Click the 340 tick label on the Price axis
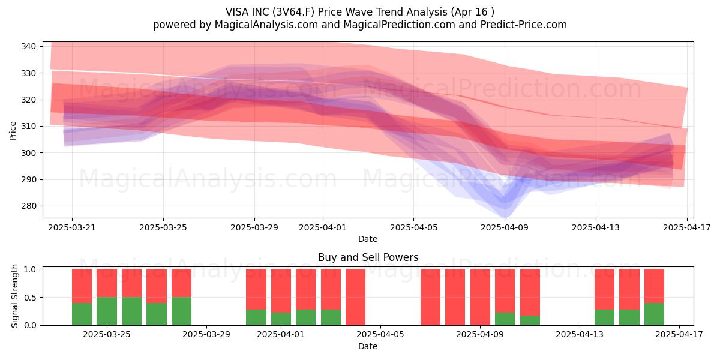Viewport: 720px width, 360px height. click(28, 47)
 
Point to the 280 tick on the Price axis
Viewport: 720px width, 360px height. click(28, 206)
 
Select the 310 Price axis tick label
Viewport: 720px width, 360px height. click(28, 127)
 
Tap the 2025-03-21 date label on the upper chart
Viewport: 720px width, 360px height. click(72, 227)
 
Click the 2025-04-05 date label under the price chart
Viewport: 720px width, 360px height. click(414, 227)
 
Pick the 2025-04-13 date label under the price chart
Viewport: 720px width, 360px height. click(596, 227)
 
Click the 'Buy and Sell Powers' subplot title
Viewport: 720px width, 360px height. click(368, 257)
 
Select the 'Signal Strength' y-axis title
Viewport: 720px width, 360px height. click(14, 296)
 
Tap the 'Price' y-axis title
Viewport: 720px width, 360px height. click(13, 131)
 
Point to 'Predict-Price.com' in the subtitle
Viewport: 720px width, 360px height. click(524, 25)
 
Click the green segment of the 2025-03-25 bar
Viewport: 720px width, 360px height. click(107, 311)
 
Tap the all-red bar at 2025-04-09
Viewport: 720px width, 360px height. click(480, 298)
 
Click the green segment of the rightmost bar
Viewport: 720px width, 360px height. click(654, 314)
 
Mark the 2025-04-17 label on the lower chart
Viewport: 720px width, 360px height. click(679, 335)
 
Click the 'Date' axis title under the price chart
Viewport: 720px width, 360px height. click(368, 239)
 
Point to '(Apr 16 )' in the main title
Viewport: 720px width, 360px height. click(473, 12)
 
